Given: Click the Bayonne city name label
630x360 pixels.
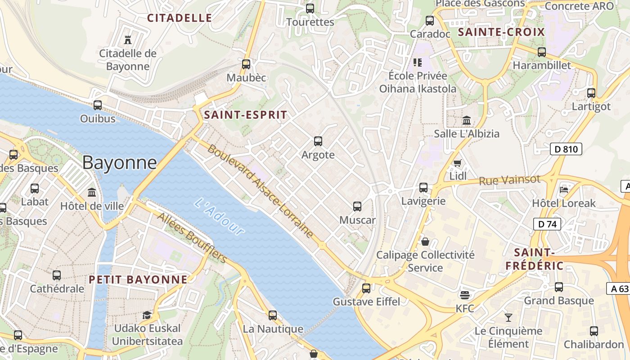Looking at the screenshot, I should pos(119,162).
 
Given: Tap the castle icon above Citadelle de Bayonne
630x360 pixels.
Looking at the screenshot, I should pos(128,40).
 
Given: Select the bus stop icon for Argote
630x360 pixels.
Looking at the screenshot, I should pos(318,141).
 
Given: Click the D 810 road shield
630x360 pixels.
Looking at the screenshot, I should pos(566,149).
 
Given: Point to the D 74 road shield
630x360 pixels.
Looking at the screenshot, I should pos(547,224).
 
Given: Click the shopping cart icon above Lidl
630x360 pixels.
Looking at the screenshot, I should pos(458,163).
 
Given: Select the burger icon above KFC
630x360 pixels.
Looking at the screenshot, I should pos(465,295).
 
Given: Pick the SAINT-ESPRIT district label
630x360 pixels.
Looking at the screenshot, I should pos(245,115).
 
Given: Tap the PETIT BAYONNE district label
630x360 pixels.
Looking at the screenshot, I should pos(138,279).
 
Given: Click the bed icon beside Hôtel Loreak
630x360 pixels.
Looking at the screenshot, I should pos(564,189).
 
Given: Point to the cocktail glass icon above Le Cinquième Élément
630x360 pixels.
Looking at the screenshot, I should pos(508,318).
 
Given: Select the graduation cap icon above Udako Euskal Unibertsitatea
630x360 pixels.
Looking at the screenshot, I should pos(147,315).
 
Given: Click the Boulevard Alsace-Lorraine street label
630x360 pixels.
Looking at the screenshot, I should pos(260,191).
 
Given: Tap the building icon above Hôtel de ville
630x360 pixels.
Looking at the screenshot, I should pos(92,193).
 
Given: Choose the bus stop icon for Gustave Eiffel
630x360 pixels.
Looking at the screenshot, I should pos(366,288).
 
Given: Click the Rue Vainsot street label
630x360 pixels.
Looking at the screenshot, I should pos(509,180).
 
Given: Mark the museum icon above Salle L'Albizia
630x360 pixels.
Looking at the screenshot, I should pos(467,121).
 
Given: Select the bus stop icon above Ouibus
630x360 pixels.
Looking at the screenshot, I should pos(98,105).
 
